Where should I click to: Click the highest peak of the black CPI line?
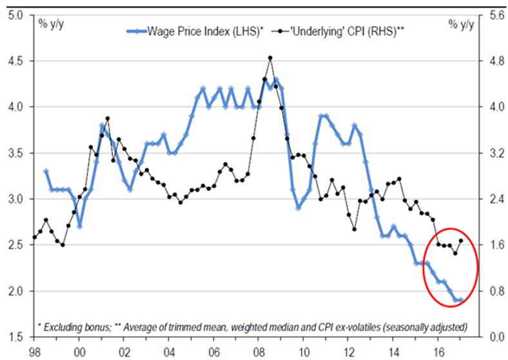[270, 57]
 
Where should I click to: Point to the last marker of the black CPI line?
[461, 241]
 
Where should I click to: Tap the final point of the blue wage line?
[461, 300]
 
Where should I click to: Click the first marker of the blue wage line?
[46, 172]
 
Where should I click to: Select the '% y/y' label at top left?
[51, 25]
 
